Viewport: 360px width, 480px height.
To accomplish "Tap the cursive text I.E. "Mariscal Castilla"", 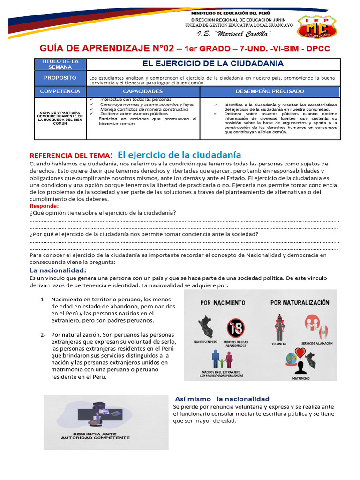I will [234, 34].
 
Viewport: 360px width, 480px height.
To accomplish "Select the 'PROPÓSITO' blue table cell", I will [60, 78].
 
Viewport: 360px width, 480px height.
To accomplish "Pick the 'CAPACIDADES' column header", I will [143, 91].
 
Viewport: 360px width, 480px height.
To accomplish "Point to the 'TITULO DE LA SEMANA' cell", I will [60, 64].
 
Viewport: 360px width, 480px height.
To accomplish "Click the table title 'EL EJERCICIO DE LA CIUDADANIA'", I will [213, 63].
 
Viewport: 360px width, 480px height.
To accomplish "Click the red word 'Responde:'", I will [44, 206].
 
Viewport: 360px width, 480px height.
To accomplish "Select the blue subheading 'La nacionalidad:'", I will [58, 270].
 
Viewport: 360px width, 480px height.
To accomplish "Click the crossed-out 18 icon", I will [235, 328].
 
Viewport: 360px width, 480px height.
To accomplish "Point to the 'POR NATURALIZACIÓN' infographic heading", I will [300, 303].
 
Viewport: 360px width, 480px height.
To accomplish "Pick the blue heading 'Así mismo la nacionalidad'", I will [222, 398].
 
